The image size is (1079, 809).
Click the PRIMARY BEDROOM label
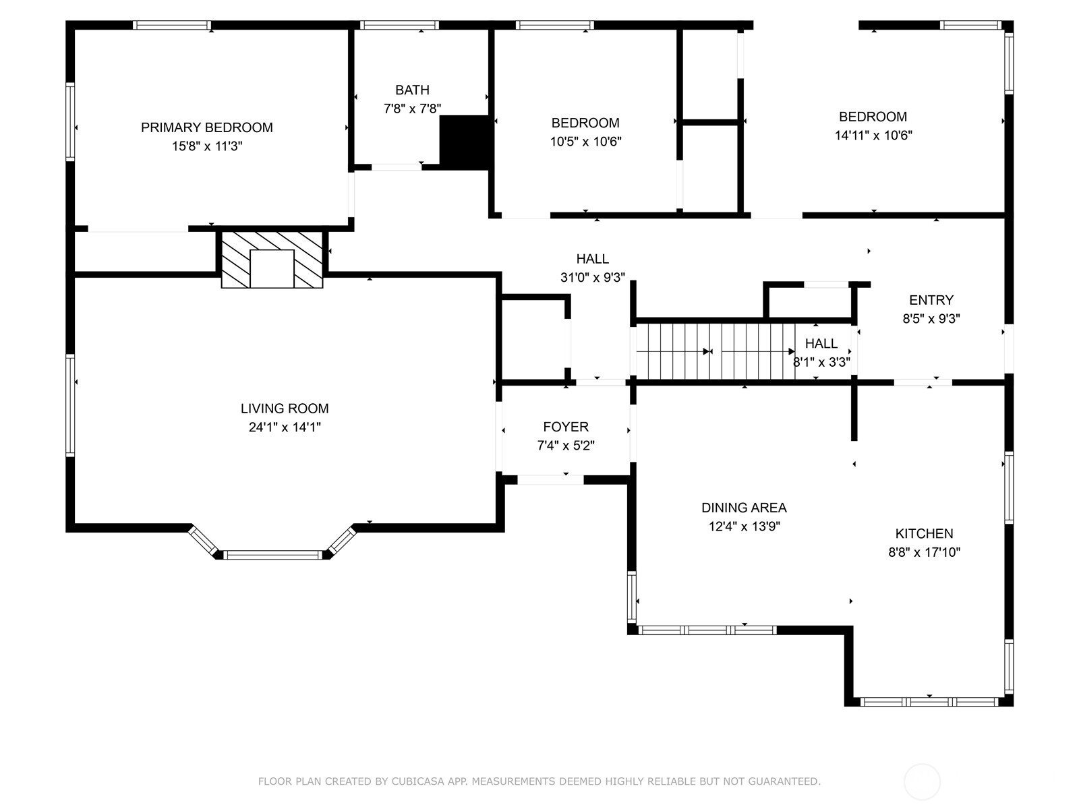(206, 127)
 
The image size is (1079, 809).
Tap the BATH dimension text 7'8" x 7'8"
(412, 109)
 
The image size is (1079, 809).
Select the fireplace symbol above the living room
(272, 260)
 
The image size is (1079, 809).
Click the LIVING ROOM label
(285, 409)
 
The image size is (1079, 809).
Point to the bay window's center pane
(272, 555)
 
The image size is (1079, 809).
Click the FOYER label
(566, 427)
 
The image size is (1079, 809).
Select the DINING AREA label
(745, 508)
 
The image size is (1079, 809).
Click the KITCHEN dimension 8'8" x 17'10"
(924, 553)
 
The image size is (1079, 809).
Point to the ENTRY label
(931, 300)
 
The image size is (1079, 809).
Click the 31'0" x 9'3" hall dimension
(592, 278)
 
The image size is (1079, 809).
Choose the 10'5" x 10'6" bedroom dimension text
(585, 142)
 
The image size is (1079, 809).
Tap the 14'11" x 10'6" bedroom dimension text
(873, 136)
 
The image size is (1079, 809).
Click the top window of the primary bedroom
(172, 25)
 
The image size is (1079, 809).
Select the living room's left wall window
(70, 406)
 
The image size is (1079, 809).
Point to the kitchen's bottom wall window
(929, 702)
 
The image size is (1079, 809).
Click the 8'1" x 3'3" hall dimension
(821, 363)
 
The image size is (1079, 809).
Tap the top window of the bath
(399, 25)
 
